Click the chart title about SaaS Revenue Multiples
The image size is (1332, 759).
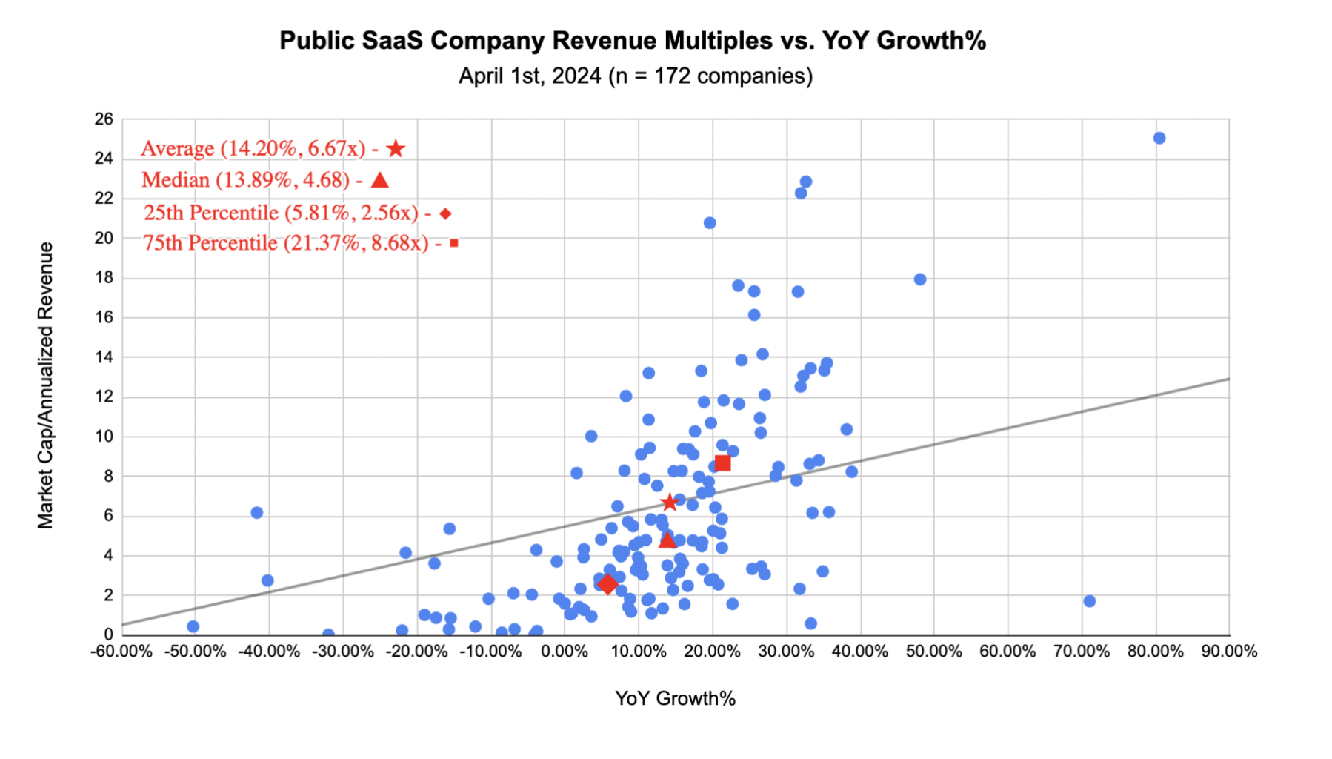(x=632, y=41)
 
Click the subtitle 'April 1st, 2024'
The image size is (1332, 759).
(x=635, y=76)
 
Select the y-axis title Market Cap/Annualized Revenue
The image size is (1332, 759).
(x=46, y=385)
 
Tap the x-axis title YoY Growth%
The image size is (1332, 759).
(x=675, y=698)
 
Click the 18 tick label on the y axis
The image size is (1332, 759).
(x=104, y=278)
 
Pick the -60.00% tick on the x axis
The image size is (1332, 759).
(x=121, y=652)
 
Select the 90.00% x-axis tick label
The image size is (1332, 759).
(x=1229, y=652)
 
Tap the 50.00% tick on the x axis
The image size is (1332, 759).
(x=933, y=652)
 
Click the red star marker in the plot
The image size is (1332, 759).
(x=670, y=503)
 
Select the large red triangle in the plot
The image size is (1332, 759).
(x=667, y=540)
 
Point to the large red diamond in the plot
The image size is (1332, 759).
(x=607, y=584)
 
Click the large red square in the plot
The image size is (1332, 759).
(x=722, y=463)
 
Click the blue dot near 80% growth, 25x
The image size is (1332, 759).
(x=1159, y=138)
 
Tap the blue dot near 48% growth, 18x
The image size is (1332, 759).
(x=920, y=279)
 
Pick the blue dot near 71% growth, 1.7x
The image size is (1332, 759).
(x=1089, y=601)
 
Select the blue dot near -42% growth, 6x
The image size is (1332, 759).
(x=257, y=513)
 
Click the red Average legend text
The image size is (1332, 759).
(x=253, y=149)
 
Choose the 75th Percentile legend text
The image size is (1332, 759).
(x=286, y=243)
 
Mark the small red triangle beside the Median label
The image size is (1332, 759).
(x=380, y=180)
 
